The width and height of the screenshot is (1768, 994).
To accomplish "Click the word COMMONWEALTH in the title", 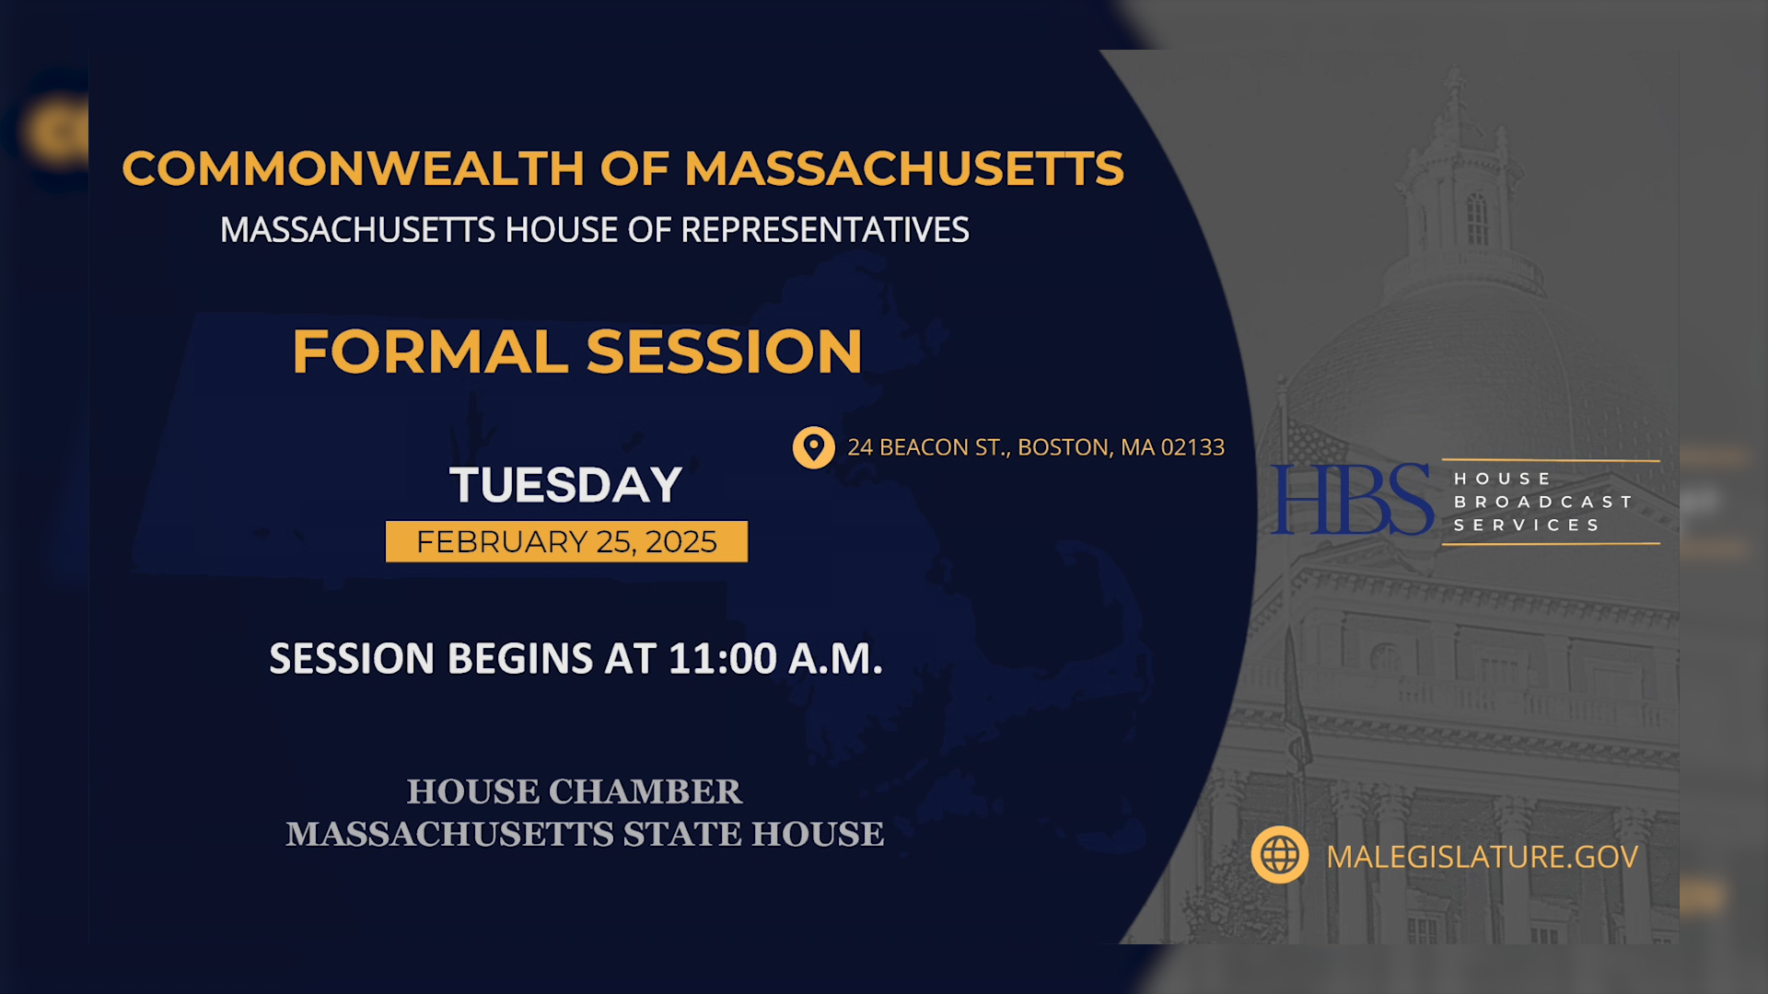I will [x=353, y=169].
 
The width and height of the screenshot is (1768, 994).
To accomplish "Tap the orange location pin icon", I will [x=813, y=447].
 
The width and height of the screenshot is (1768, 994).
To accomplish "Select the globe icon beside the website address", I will [x=1279, y=855].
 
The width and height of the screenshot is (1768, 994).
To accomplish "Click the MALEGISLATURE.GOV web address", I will [x=1482, y=857].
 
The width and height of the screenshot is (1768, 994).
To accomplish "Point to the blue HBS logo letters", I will [x=1351, y=500].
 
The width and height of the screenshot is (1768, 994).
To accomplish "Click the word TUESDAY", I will [x=565, y=485].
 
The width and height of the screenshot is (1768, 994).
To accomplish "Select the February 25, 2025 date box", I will [x=566, y=542].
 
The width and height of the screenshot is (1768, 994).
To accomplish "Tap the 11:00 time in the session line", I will [x=723, y=659].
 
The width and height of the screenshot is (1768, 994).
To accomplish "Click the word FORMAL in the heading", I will [x=430, y=352].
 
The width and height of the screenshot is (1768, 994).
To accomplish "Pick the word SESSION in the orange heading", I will [x=724, y=352].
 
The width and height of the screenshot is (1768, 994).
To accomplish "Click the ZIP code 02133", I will [x=1192, y=447].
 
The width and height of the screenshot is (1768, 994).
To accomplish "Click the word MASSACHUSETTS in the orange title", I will [x=903, y=169].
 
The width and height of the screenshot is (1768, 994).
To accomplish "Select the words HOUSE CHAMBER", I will [x=574, y=792].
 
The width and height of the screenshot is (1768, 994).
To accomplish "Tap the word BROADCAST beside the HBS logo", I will [x=1542, y=502].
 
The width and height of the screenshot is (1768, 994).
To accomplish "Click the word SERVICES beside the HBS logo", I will [x=1527, y=525].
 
